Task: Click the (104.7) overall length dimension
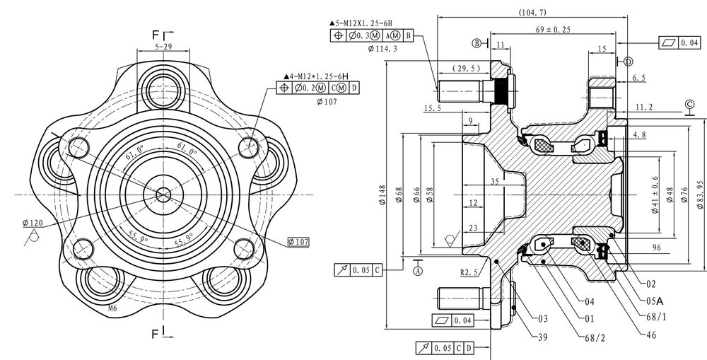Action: [532, 12]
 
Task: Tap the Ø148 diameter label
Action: [382, 195]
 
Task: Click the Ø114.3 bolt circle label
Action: [382, 48]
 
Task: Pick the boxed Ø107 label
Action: [298, 242]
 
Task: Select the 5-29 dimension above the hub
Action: [163, 46]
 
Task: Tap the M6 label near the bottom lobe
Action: [112, 308]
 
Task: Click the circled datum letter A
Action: [418, 271]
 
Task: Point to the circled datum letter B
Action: [477, 43]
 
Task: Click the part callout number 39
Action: [543, 337]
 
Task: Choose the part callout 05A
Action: [654, 301]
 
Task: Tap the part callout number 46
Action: [651, 335]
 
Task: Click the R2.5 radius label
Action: [469, 272]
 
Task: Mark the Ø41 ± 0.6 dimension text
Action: [655, 194]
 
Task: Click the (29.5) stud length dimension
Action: [466, 69]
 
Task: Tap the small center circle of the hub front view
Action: [163, 195]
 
